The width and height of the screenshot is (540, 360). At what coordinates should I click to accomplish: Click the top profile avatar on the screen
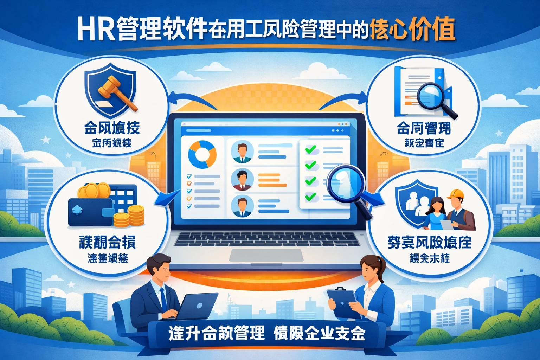[242, 152]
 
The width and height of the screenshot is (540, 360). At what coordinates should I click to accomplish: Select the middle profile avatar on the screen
[242, 180]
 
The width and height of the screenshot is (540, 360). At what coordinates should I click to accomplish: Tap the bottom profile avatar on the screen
[242, 206]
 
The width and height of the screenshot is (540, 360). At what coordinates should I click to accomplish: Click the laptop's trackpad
[266, 255]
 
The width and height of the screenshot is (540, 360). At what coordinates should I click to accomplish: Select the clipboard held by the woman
[343, 303]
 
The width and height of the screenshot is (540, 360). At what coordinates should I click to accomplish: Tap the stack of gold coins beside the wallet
[136, 215]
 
